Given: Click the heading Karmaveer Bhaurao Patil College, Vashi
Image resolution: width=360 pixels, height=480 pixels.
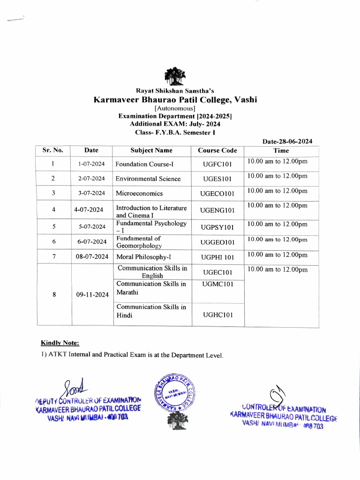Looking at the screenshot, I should (x=175, y=100).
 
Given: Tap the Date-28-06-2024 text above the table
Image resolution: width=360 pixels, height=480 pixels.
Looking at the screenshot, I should (x=287, y=141).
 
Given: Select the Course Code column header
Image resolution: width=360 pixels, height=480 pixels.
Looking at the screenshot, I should (x=217, y=150).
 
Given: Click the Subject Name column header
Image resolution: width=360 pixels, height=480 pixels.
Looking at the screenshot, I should (x=151, y=150).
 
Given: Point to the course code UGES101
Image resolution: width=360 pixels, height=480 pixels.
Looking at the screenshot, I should (x=217, y=179).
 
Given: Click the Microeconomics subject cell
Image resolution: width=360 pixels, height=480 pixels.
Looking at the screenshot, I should (x=139, y=193).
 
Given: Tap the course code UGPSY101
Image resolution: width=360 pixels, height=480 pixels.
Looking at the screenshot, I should (x=217, y=227).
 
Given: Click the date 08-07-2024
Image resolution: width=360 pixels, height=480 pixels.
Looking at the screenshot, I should (x=92, y=257).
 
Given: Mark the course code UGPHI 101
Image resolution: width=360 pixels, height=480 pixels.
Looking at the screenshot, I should (x=217, y=257).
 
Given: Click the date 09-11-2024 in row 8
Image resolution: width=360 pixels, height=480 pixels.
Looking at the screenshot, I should (x=92, y=295).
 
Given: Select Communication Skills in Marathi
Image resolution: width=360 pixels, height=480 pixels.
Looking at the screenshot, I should (x=151, y=288).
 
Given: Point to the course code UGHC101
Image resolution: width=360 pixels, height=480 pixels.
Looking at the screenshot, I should (x=217, y=315).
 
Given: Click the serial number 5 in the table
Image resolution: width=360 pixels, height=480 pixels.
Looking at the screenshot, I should (x=54, y=227).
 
